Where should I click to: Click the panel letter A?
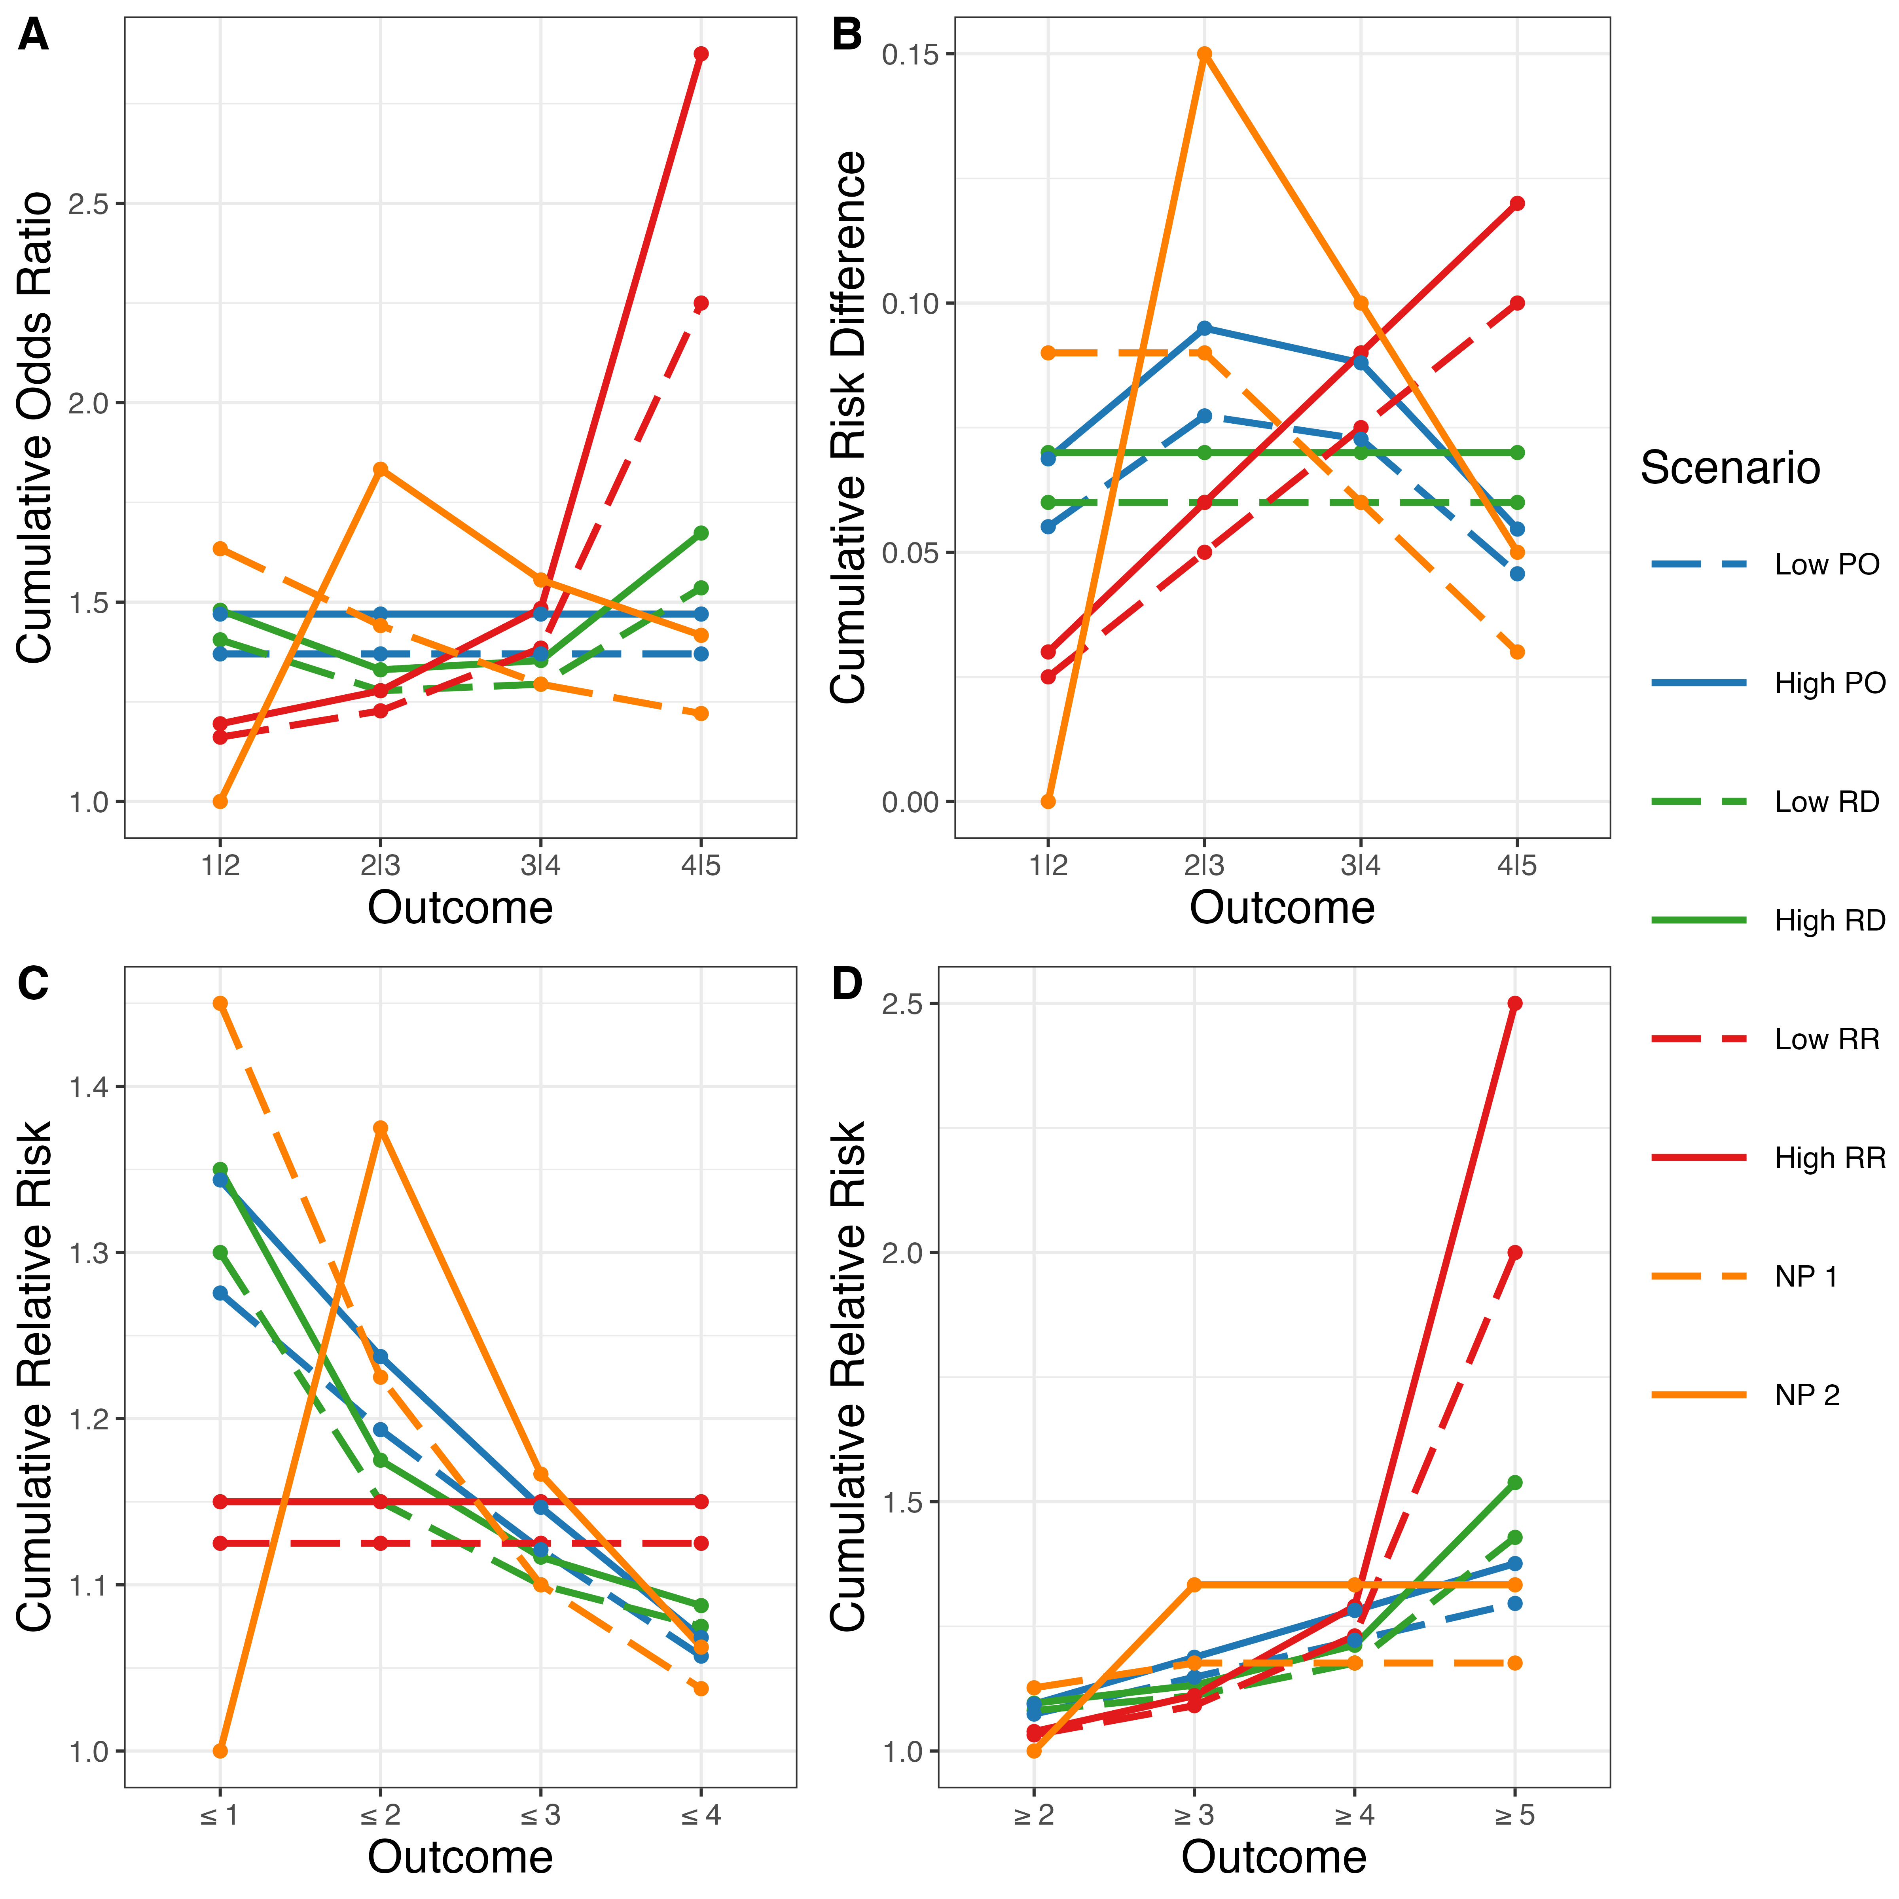click(33, 36)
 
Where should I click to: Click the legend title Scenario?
click(1730, 468)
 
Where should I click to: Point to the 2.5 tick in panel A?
click(89, 203)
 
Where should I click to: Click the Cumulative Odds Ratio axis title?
click(35, 428)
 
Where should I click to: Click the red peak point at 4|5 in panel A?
click(701, 54)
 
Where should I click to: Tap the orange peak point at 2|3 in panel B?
click(1204, 54)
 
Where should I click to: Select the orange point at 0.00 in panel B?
click(1048, 801)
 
